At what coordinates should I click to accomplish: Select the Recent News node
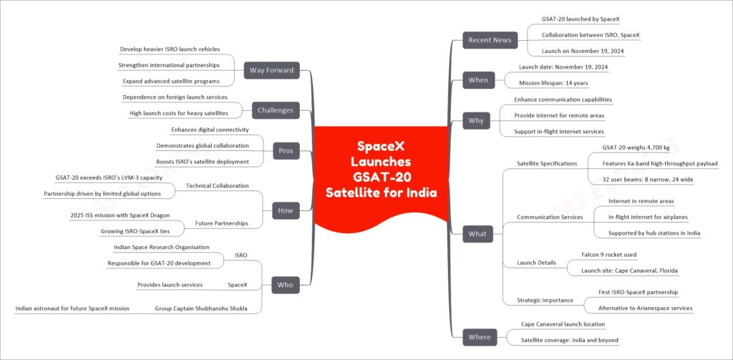point(490,40)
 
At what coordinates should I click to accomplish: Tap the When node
point(478,80)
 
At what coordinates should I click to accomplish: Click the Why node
point(476,121)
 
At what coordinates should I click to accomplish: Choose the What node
point(477,234)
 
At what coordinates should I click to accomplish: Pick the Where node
point(480,337)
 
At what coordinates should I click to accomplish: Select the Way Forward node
point(271,71)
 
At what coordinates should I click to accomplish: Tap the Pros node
point(286,151)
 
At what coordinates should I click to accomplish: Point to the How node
point(286,210)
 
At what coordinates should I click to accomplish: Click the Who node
point(286,285)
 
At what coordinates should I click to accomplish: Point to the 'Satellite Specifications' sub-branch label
point(546,164)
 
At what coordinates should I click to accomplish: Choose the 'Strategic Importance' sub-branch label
point(545,300)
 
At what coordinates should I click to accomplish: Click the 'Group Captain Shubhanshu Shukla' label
point(201,308)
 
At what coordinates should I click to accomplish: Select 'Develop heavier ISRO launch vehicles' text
point(170,49)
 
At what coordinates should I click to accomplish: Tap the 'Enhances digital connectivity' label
point(210,130)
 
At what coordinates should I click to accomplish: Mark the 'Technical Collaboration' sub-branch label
point(218,186)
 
